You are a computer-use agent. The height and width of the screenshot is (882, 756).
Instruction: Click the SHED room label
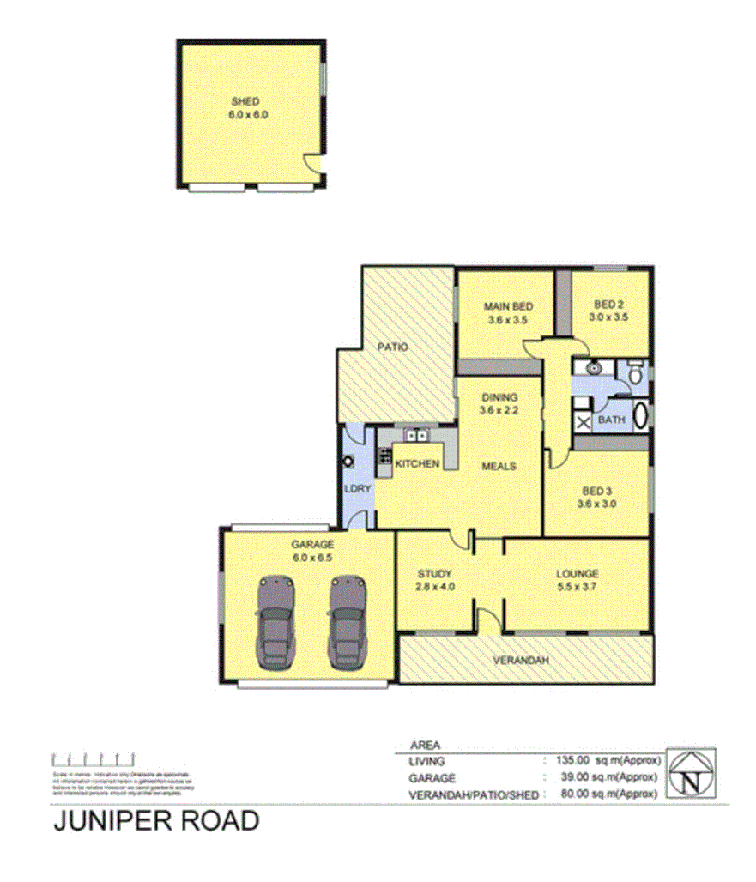coord(245,101)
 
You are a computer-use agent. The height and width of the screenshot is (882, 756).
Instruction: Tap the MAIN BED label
coord(506,306)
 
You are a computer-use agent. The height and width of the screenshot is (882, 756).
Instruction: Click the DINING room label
coord(499,397)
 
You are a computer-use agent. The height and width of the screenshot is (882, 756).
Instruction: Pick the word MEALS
coord(499,466)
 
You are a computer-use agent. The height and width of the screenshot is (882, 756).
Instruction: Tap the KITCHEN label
coord(418,464)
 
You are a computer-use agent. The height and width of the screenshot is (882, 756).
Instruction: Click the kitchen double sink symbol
coord(416,436)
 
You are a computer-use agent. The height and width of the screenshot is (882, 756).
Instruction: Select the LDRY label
coord(357,489)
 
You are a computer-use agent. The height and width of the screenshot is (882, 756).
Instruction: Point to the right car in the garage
coord(348,625)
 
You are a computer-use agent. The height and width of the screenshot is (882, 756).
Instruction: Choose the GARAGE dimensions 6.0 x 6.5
coord(311,556)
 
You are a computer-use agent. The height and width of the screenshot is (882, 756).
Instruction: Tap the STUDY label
coord(435,574)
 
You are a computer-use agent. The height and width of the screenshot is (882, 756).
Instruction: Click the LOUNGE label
coord(577,574)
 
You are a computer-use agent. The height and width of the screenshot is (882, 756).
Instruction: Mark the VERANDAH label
coord(520,660)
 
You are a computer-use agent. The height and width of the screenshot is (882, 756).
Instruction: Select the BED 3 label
coord(598,491)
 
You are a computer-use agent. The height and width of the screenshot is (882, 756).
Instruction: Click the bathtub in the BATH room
coord(641,418)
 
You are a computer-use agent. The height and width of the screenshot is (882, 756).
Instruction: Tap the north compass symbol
coord(691,775)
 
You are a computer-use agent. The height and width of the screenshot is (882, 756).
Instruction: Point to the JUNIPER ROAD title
coord(157,821)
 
